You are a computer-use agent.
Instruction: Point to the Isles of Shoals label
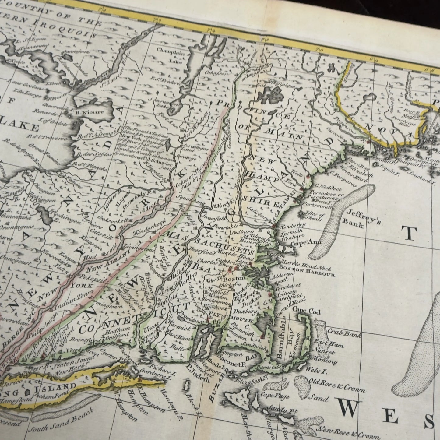point(312,215)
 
